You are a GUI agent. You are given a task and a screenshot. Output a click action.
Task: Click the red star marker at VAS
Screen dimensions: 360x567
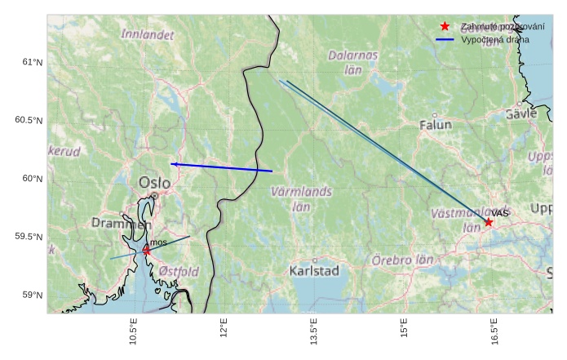click(489, 222)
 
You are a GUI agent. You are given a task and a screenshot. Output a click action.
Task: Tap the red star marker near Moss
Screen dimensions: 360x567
click(146, 251)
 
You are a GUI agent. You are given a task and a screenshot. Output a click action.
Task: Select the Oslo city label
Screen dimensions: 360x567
click(155, 183)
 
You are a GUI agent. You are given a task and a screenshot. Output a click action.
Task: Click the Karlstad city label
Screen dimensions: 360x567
click(314, 270)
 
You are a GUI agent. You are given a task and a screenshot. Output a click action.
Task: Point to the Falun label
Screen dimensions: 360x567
click(436, 126)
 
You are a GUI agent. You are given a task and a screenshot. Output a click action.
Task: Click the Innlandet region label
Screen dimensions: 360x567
click(148, 35)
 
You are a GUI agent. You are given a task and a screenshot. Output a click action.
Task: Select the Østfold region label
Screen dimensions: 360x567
click(179, 271)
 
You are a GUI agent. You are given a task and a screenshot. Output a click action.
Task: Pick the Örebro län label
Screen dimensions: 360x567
click(402, 260)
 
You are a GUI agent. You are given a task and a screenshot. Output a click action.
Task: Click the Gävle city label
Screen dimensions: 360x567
click(521, 114)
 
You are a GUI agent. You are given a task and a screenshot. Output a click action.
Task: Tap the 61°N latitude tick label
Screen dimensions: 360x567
click(32, 62)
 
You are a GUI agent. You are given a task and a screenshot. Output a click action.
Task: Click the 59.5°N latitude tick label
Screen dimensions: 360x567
click(29, 237)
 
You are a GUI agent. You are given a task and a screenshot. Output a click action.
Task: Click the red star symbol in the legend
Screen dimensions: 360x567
click(445, 26)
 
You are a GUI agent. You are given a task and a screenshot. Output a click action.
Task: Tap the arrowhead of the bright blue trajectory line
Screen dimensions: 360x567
click(174, 164)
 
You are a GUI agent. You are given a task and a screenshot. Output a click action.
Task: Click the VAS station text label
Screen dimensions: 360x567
click(500, 213)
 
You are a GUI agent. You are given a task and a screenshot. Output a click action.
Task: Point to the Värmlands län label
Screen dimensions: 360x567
click(302, 198)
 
